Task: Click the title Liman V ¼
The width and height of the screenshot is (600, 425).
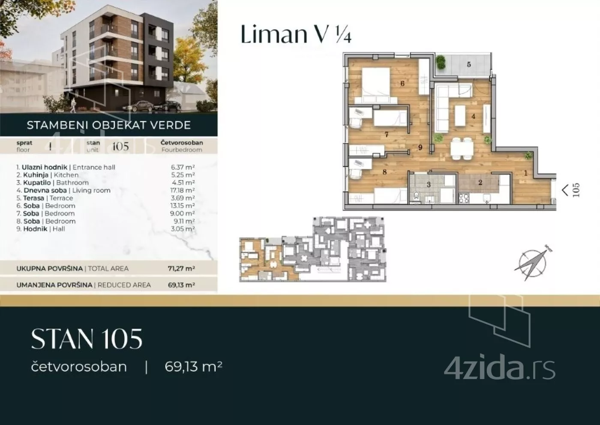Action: (296, 34)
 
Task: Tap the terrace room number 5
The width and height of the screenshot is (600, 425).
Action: (468, 64)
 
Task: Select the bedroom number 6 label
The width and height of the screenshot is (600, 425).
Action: (402, 84)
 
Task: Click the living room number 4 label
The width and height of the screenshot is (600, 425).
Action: (473, 116)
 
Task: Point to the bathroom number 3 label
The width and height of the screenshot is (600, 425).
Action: (428, 185)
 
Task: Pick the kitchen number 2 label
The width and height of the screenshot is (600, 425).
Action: (480, 182)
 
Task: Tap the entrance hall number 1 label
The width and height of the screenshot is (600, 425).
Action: (525, 173)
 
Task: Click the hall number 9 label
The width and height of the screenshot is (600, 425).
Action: (420, 148)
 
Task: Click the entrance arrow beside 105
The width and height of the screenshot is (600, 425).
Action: (565, 190)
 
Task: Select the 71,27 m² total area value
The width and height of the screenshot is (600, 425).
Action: (181, 269)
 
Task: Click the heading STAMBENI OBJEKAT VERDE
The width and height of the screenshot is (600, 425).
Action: (108, 125)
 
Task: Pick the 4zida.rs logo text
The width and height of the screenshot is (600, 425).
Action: (499, 368)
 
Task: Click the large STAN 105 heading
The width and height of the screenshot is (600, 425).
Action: (87, 339)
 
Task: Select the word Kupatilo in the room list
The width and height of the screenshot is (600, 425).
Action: (37, 183)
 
